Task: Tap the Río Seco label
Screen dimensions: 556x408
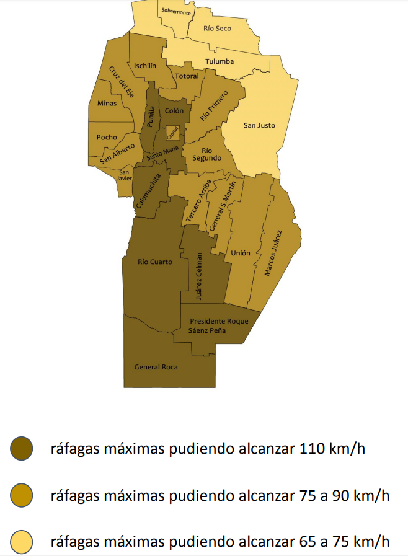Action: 217,29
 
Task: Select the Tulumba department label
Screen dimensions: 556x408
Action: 220,61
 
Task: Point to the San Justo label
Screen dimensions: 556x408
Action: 259,125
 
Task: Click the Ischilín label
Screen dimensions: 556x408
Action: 144,65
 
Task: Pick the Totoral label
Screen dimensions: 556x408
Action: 187,76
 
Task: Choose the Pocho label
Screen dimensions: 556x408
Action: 107,137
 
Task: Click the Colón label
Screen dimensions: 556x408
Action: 174,110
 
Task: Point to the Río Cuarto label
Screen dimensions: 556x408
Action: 155,262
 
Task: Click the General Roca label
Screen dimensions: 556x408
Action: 156,367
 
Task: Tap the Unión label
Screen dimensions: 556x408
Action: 241,253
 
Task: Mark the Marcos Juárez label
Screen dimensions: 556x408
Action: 273,253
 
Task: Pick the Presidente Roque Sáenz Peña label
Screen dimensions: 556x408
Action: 219,326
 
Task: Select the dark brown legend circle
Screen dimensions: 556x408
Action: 22,448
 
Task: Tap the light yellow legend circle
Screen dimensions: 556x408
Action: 22,541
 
